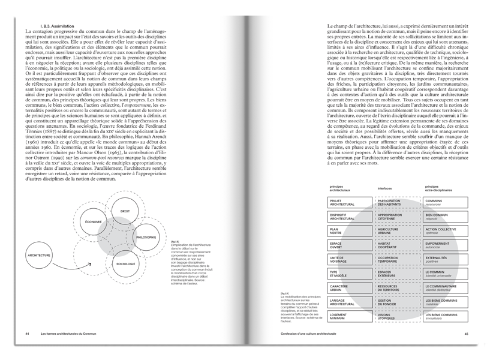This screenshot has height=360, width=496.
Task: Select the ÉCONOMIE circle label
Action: click(x=93, y=222)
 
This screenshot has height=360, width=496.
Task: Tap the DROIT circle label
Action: click(x=125, y=212)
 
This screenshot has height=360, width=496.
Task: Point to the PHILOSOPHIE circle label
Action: click(x=146, y=238)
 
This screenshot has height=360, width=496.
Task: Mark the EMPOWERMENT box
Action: click(x=444, y=245)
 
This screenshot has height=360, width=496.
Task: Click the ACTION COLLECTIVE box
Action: click(x=444, y=231)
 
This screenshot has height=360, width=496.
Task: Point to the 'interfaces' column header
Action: click(x=385, y=188)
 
